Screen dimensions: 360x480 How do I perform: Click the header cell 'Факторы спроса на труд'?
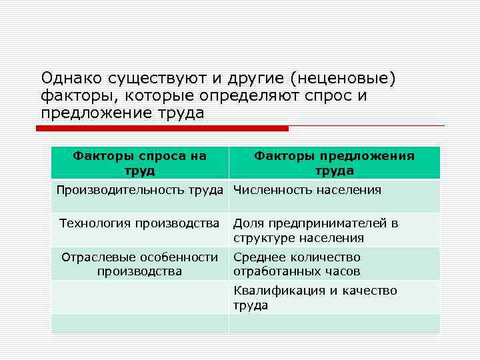point(139,163)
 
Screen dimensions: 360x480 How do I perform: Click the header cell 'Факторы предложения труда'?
point(334,163)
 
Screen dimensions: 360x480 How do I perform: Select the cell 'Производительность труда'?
point(139,191)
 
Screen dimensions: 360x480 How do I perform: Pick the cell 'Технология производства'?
point(139,223)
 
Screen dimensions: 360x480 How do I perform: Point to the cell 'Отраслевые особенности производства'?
point(139,264)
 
